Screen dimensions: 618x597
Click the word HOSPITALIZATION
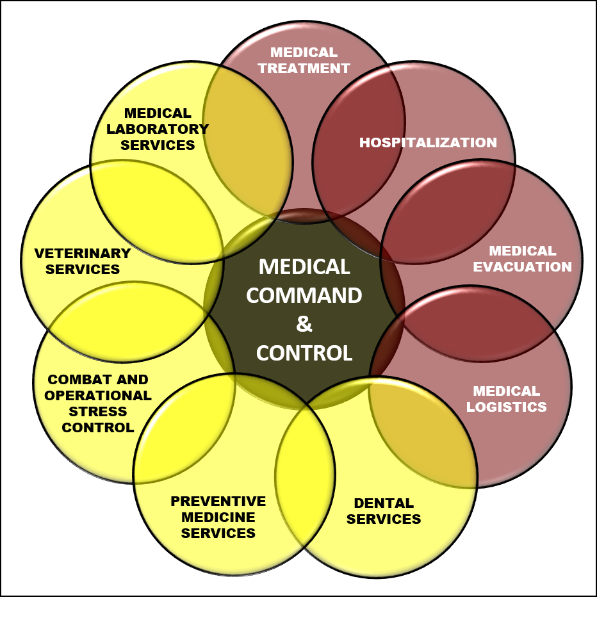pos(428,143)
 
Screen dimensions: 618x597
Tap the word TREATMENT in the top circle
pos(304,69)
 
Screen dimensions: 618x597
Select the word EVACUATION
pos(522,267)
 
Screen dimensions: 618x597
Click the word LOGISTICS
pos(506,407)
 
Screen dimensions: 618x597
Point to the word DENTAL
pos(384,503)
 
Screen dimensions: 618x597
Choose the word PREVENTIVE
pos(218,501)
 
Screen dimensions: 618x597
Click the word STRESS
pos(98,412)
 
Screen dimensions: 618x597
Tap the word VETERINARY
pos(83,254)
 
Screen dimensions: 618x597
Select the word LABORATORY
pos(158,129)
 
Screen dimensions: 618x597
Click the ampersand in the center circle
pos(304,324)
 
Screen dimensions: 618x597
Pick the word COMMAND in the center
pos(304,296)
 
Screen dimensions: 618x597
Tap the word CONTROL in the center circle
pos(304,353)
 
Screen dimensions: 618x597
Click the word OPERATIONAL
pos(98,396)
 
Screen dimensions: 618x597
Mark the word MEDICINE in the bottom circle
pos(218,517)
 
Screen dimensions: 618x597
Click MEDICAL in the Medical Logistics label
pos(506,391)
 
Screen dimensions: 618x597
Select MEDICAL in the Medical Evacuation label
pos(522,251)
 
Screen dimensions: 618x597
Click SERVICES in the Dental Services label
pos(384,519)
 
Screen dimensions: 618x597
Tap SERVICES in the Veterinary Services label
pos(83,270)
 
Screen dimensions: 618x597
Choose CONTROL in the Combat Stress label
pos(98,428)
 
